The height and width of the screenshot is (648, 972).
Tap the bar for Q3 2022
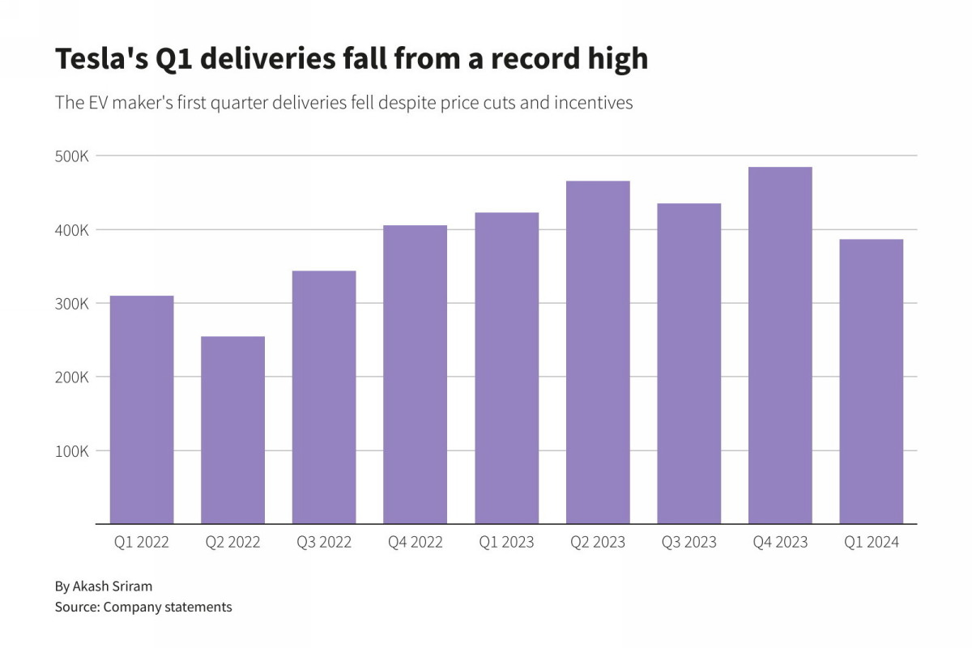(324, 397)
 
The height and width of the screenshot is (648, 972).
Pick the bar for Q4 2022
(416, 374)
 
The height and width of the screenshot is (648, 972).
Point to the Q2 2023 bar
(598, 352)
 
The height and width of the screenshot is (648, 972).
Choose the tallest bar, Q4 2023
(780, 345)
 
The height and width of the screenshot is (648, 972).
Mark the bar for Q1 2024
(872, 381)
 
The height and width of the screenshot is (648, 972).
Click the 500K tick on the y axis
(71, 156)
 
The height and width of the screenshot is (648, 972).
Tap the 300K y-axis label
(71, 304)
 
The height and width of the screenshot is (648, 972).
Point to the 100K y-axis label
(71, 451)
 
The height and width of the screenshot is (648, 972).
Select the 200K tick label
(71, 377)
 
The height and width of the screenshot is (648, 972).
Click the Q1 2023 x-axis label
(506, 543)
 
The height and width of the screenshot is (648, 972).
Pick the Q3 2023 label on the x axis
(688, 543)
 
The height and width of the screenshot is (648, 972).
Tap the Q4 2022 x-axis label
(416, 543)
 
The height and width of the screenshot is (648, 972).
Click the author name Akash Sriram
(112, 586)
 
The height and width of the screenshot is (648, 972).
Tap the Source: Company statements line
(143, 607)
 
